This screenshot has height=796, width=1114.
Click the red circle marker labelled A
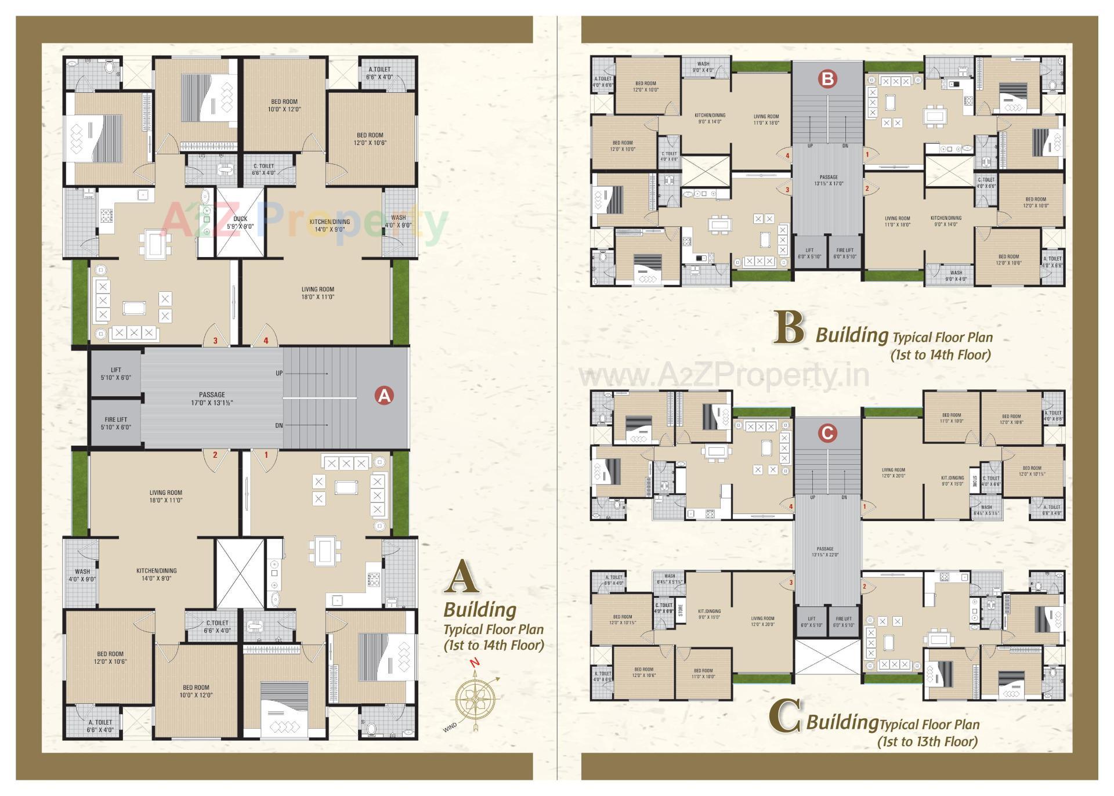pyautogui.click(x=384, y=396)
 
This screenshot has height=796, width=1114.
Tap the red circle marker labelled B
pyautogui.click(x=827, y=78)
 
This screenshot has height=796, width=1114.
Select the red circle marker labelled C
pyautogui.click(x=827, y=433)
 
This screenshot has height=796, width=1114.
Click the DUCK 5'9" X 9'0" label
pyautogui.click(x=240, y=222)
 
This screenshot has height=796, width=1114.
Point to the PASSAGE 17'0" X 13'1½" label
pyautogui.click(x=212, y=399)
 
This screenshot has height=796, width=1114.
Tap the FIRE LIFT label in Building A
pyautogui.click(x=116, y=423)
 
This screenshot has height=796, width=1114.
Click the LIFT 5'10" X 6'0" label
pyautogui.click(x=116, y=374)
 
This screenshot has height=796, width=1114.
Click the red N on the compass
pyautogui.click(x=475, y=662)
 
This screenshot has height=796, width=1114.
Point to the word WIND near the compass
pyautogui.click(x=450, y=726)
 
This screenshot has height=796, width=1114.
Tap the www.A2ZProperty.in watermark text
pyautogui.click(x=724, y=375)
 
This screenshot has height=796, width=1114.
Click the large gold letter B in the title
pyautogui.click(x=790, y=328)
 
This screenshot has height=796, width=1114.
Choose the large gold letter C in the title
pyautogui.click(x=786, y=717)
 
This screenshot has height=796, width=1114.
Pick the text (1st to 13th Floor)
pyautogui.click(x=927, y=741)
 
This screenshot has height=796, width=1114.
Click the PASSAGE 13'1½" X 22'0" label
pyautogui.click(x=825, y=552)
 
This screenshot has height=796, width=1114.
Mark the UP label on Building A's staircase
pyautogui.click(x=279, y=373)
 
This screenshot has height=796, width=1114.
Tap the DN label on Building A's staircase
pyautogui.click(x=279, y=425)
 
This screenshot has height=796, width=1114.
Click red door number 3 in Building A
pyautogui.click(x=215, y=341)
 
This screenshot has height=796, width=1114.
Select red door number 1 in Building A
pyautogui.click(x=266, y=455)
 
